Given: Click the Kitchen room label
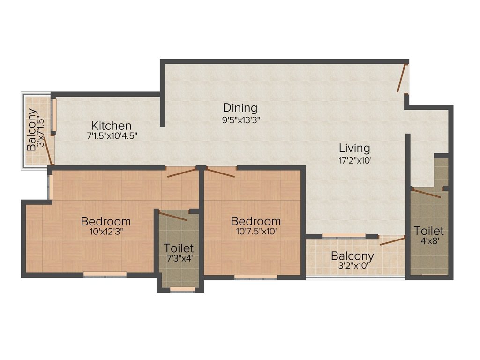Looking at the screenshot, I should tap(111, 126).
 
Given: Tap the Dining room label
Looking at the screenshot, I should tap(240, 108).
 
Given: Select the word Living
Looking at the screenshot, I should tap(354, 148).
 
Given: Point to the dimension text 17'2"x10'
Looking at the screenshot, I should tap(355, 159).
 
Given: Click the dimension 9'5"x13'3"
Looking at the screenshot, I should tap(241, 119).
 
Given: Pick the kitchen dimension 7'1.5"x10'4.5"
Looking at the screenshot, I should tap(112, 136).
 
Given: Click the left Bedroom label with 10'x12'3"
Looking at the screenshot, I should tap(105, 221).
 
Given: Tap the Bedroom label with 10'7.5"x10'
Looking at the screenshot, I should tap(256, 221).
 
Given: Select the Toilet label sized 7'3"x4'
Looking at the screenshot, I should tap(178, 248).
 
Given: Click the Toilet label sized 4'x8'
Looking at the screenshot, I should tap(428, 231).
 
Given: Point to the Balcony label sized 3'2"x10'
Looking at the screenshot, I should tap(352, 256).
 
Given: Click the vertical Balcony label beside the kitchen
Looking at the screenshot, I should tap(32, 130).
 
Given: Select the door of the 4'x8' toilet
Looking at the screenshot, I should tap(427, 193).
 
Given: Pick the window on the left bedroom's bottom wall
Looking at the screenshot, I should tap(105, 275).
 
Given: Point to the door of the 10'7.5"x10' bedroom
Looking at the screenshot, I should tap(219, 172).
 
